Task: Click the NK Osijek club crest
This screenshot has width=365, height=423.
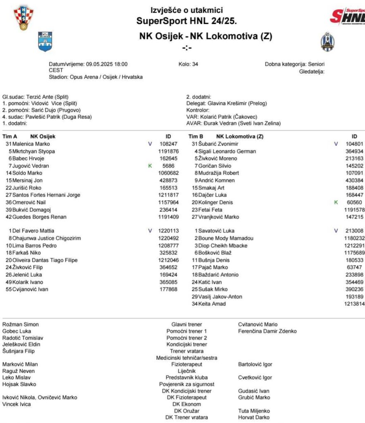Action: [45, 42]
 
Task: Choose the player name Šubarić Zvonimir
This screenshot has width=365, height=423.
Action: [218, 144]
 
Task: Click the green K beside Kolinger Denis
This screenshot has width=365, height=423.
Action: [336, 202]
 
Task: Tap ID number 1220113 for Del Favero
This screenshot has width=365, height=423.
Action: [169, 231]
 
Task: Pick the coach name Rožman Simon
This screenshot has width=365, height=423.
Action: [20, 325]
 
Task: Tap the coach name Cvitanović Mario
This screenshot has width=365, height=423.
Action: [258, 325]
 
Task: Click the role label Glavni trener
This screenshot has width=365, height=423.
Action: [186, 325]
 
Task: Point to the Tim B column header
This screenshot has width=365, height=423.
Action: [196, 136]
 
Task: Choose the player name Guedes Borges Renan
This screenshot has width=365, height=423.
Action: [39, 217]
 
